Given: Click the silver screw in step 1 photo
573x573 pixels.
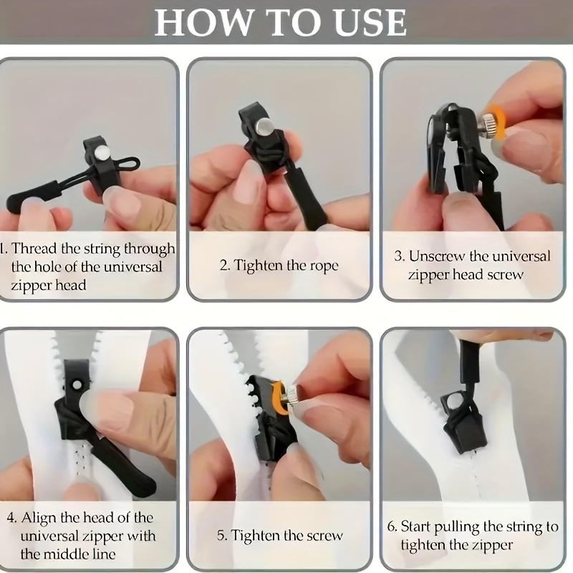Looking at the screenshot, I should coord(102,153).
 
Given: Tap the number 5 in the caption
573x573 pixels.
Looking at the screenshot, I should coord(222,536).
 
